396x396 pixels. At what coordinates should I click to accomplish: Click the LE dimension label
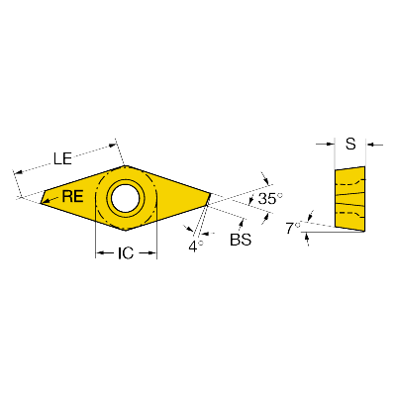click(x=62, y=158)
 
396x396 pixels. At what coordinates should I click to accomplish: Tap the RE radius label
click(x=73, y=197)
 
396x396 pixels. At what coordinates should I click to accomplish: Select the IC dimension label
click(x=126, y=253)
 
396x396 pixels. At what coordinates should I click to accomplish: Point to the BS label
click(x=241, y=240)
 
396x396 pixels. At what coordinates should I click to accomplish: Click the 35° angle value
click(x=270, y=199)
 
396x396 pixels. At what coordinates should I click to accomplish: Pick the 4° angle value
click(x=196, y=247)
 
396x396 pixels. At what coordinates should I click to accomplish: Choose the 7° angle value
click(x=293, y=228)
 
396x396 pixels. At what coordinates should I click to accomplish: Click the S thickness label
click(x=350, y=144)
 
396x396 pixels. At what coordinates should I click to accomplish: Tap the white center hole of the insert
click(x=126, y=198)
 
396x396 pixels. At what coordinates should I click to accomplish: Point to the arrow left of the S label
click(x=325, y=144)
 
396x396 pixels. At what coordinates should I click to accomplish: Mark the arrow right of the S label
click(x=375, y=145)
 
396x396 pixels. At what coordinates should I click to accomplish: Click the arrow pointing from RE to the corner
click(x=51, y=199)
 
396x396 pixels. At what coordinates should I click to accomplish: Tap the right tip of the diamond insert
click(x=211, y=193)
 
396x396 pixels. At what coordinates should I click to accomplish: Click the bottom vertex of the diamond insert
click(x=126, y=231)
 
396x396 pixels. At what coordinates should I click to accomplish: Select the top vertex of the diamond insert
click(x=126, y=166)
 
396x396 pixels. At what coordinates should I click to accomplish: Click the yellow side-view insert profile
click(x=350, y=199)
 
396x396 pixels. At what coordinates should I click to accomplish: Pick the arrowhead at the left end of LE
click(x=18, y=172)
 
